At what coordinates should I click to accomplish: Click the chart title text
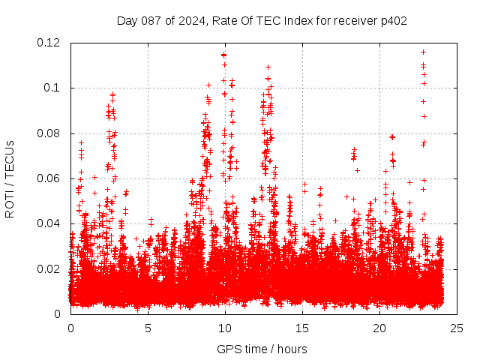pos(262,20)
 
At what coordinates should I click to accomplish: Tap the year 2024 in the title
pos(192,20)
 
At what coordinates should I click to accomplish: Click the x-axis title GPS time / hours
pos(262,349)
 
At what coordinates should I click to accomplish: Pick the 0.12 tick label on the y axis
pos(50,43)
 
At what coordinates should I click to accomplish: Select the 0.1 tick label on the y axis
pos(55,88)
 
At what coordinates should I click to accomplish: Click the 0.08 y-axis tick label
pos(50,133)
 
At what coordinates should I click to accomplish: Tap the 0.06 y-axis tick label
pos(50,178)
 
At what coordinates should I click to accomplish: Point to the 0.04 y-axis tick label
pos(50,223)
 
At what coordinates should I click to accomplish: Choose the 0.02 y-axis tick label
pos(50,269)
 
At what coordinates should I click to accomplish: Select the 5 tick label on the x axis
pos(148,328)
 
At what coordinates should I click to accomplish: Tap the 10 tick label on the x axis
pos(225,328)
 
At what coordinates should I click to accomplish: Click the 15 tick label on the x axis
pos(302,328)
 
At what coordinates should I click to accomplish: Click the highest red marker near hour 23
pos(424,52)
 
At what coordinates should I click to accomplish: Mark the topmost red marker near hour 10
pos(224,55)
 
